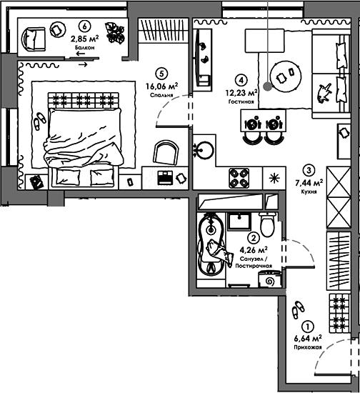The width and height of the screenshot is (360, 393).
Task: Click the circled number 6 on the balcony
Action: [84, 26]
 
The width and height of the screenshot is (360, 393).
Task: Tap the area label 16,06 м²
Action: [162, 86]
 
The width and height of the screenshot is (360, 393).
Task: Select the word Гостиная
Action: [241, 101]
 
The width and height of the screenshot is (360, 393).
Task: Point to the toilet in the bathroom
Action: [268, 224]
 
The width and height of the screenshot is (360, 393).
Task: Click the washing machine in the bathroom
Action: [270, 279]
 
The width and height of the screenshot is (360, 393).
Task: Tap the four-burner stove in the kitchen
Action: [239, 178]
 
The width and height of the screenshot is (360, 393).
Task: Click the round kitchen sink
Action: [205, 150]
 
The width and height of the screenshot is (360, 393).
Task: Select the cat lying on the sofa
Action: [324, 93]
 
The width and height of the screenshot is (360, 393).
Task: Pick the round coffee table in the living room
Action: [286, 76]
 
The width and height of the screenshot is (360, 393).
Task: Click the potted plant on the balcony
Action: [115, 33]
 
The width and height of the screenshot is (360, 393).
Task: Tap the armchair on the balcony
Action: [34, 39]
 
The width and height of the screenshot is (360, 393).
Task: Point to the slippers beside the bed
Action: [39, 121]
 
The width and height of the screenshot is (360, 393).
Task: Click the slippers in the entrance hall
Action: [298, 310]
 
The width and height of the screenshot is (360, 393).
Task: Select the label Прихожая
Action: [308, 347]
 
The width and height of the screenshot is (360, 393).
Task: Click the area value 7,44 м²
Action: [309, 183]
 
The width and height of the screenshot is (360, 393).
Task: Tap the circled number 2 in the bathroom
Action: [254, 238]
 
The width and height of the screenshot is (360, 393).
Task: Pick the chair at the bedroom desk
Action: [166, 153]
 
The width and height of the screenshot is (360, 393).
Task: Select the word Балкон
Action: [85, 47]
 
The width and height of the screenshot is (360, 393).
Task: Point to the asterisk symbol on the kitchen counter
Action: [274, 178]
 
